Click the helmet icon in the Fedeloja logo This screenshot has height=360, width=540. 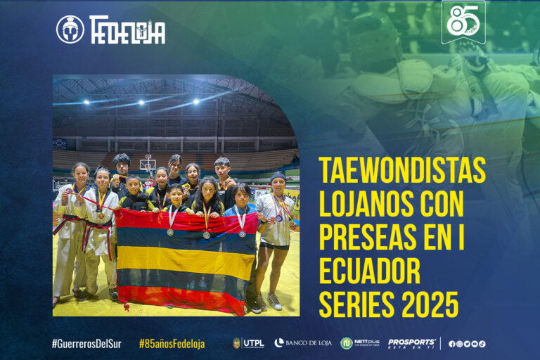click(70, 30)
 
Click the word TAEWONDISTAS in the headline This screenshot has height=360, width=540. click(402, 170)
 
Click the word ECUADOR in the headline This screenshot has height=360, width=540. click(369, 271)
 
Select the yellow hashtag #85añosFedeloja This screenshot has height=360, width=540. click(172, 344)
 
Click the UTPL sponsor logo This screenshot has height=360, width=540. click(249, 343)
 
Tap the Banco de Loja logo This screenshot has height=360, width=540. click(303, 343)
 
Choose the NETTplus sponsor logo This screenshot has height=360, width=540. click(360, 343)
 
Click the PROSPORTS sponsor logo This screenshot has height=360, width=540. click(411, 343)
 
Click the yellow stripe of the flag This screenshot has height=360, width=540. click(186, 261)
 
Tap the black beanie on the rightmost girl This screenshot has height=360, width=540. click(278, 176)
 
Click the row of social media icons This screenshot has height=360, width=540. click(467, 344)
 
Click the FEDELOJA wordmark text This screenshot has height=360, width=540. click(127, 30)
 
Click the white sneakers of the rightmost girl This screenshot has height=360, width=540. click(268, 302)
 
